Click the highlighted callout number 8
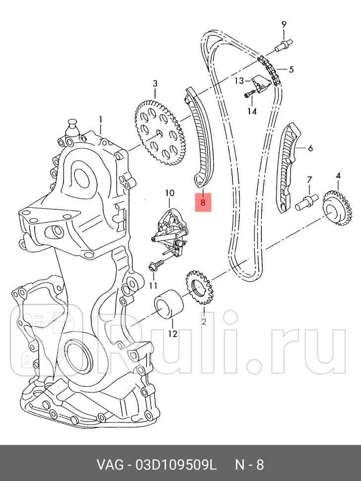tap(203, 202)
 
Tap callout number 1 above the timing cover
tap(100, 120)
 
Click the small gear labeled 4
tap(339, 208)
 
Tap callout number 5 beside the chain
tap(291, 69)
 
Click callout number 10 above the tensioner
tap(170, 192)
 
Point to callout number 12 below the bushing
tap(172, 334)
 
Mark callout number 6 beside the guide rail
tap(310, 148)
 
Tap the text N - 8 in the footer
tap(249, 465)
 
